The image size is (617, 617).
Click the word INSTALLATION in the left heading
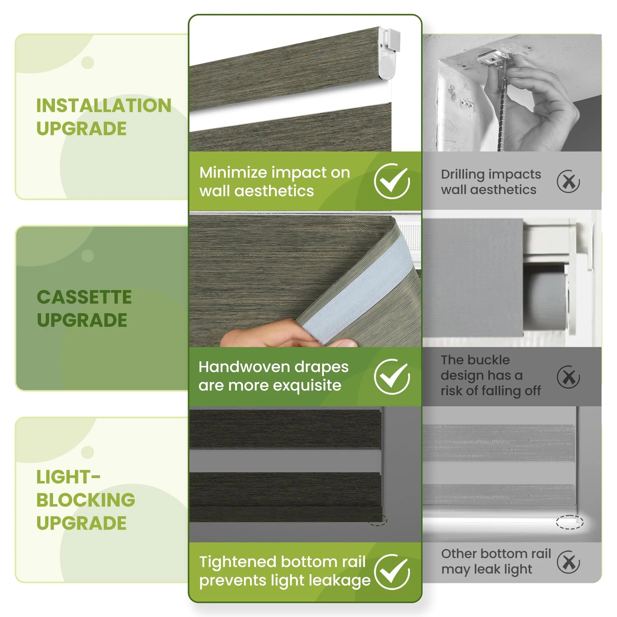point(104,106)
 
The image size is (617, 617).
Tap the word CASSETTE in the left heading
point(84,297)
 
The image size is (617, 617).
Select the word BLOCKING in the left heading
point(85,500)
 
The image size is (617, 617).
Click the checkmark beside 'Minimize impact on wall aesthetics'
point(392,181)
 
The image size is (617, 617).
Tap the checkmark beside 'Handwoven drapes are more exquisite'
point(392,376)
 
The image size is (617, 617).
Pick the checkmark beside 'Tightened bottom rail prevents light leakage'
point(392,572)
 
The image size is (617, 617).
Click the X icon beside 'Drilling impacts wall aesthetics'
point(569,181)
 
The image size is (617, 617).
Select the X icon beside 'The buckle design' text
point(569,377)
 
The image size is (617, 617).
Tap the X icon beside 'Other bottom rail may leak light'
point(569,571)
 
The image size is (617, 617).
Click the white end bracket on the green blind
point(388,53)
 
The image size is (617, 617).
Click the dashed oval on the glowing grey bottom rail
point(570,522)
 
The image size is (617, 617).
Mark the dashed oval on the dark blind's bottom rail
point(378,520)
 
